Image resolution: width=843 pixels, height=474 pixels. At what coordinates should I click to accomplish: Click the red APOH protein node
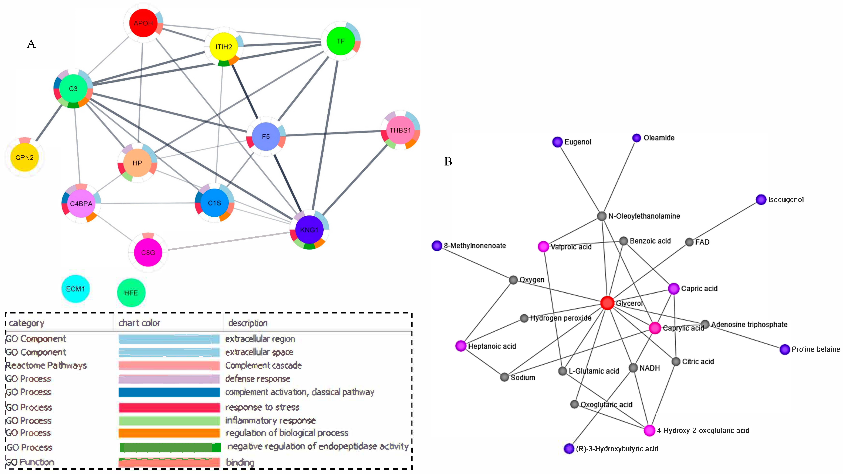click(x=143, y=23)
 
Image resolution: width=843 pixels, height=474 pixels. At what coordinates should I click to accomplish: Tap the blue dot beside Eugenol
click(x=557, y=142)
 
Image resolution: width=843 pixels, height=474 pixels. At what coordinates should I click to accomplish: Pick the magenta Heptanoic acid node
click(x=461, y=346)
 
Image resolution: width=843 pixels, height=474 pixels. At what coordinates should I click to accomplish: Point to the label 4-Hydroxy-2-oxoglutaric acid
click(x=703, y=430)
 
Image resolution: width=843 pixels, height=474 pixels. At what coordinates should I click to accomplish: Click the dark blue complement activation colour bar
click(x=169, y=392)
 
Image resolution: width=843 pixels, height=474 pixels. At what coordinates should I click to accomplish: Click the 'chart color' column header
click(x=139, y=323)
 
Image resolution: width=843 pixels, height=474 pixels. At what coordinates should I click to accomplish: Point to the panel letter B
click(x=448, y=161)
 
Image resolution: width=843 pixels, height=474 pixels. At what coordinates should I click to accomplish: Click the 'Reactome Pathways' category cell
click(x=46, y=365)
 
